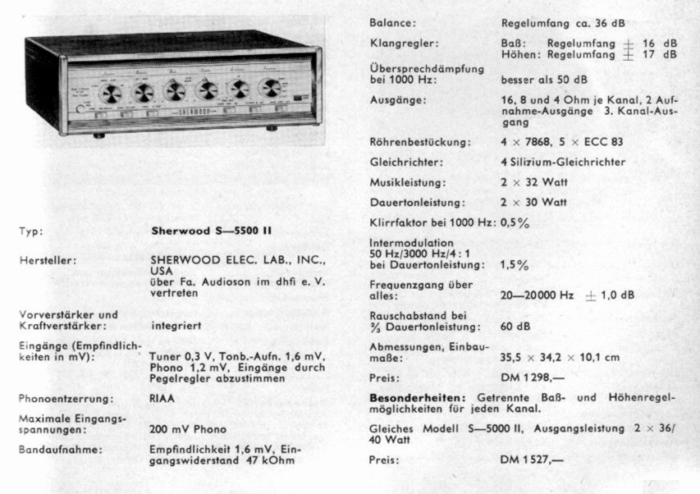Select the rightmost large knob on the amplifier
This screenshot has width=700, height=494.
268,88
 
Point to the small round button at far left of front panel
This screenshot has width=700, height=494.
79,109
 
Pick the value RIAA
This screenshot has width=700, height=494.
162,398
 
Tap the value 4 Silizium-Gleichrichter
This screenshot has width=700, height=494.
563,162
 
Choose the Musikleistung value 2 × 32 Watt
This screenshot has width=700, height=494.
533,181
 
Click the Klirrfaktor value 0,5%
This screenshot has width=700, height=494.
515,222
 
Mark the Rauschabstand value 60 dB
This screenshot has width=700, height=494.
515,326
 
